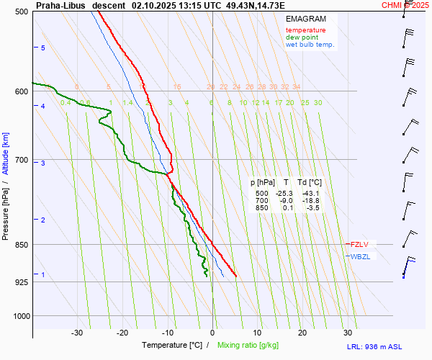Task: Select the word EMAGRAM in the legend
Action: click(306, 19)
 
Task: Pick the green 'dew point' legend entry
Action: click(302, 37)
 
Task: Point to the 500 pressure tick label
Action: click(21, 12)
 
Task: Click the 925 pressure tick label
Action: click(21, 282)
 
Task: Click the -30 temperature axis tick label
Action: click(77, 333)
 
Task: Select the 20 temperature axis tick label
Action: click(302, 333)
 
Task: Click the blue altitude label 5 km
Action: click(42, 48)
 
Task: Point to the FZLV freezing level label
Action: click(359, 245)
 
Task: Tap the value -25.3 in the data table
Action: click(284, 194)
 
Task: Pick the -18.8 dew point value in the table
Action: click(310, 201)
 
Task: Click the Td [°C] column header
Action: click(310, 182)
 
